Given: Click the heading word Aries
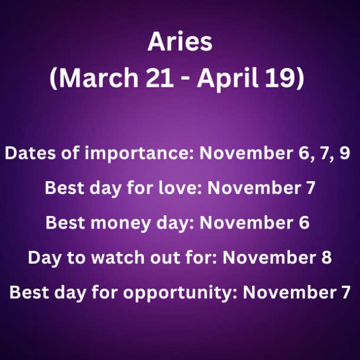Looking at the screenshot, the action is (180, 41).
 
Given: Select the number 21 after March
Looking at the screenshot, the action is (160, 77).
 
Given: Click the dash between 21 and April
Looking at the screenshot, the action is (185, 80).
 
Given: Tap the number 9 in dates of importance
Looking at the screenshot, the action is (345, 152).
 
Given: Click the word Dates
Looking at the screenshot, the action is (30, 153).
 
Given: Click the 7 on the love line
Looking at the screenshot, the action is (310, 188).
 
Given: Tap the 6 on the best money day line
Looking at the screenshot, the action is (304, 222).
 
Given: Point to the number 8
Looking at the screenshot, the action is (326, 257).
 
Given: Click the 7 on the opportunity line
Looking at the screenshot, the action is (345, 292).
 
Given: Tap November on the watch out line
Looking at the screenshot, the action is (269, 257).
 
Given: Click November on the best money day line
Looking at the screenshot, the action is (247, 222).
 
